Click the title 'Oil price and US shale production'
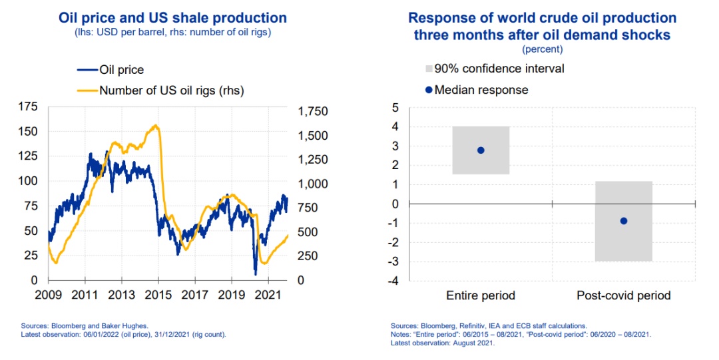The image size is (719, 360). [x=163, y=18]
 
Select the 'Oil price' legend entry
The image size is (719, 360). [x=120, y=69]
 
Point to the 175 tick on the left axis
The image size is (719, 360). [x=29, y=106]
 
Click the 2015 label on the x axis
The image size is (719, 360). [x=158, y=294]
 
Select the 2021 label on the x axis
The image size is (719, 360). [x=267, y=294]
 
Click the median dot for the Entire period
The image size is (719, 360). [x=481, y=150]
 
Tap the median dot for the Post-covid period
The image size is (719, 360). [x=624, y=221]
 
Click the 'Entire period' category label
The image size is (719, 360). [x=481, y=295]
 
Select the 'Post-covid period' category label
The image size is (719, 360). [x=624, y=295]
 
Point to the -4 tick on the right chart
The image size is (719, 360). [x=395, y=281]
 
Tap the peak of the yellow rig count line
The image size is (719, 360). [x=156, y=125]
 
